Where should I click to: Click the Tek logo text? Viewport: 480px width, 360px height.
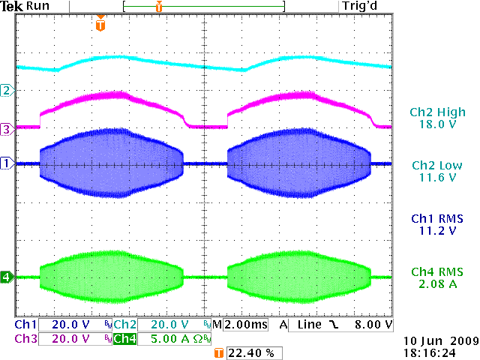[13, 6]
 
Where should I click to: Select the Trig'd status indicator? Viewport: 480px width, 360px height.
[361, 6]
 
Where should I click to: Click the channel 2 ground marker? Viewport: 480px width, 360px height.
[7, 91]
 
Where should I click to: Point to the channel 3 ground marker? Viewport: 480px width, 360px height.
[7, 129]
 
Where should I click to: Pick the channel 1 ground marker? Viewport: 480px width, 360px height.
[7, 163]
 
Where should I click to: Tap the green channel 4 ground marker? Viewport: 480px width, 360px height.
[7, 277]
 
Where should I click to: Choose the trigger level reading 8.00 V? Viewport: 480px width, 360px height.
[373, 325]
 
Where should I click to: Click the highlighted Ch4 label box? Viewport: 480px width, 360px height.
[124, 338]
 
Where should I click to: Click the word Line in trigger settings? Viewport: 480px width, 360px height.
[308, 325]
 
